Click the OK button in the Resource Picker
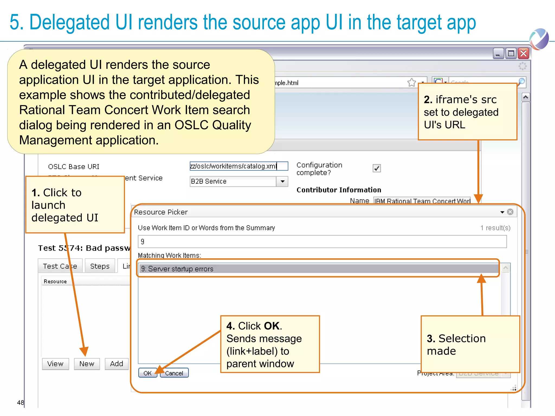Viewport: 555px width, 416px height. [x=147, y=373]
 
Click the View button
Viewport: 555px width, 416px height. [x=55, y=364]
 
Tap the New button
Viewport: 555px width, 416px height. [x=87, y=364]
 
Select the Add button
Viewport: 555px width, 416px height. [x=117, y=364]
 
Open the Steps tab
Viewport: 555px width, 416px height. [x=100, y=266]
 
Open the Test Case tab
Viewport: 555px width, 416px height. [x=60, y=266]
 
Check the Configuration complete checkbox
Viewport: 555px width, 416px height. [x=377, y=168]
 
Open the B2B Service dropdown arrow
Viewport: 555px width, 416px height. [x=282, y=181]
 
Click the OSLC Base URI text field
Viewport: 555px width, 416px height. [x=238, y=166]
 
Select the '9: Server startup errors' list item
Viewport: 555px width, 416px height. [x=317, y=269]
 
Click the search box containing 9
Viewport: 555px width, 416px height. [x=322, y=241]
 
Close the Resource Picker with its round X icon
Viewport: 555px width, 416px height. [x=510, y=212]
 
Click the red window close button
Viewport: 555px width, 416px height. [x=524, y=53]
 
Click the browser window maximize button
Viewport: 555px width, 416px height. [x=511, y=53]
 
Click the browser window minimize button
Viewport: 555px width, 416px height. [x=498, y=53]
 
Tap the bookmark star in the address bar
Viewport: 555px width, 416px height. [x=411, y=82]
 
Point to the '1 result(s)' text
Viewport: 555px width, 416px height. [x=495, y=228]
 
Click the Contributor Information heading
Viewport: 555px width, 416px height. [x=339, y=190]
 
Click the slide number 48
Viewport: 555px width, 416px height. [x=20, y=402]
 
